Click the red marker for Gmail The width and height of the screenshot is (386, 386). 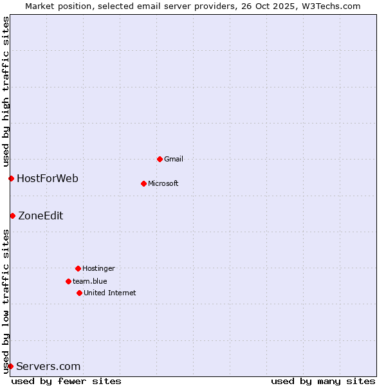[160, 159]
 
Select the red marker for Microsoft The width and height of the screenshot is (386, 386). [143, 183]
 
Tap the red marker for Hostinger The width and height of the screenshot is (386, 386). [78, 268]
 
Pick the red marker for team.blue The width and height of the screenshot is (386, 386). [68, 281]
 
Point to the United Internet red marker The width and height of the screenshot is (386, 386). [79, 293]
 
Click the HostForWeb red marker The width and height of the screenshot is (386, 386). [11, 178]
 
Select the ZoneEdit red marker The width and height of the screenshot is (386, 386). [12, 216]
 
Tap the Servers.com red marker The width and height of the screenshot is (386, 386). [10, 366]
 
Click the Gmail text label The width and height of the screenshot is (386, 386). [174, 159]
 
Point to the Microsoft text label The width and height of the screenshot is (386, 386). [163, 183]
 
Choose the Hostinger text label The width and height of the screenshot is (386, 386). [98, 268]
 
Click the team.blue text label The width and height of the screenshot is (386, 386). [90, 281]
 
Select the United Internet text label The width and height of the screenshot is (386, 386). [110, 293]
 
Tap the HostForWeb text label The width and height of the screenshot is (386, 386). [48, 178]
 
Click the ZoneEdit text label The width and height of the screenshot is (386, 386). [41, 216]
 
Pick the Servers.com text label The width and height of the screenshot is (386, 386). [48, 366]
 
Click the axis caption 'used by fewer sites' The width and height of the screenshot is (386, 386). [66, 381]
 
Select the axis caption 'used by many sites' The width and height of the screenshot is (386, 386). [323, 381]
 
